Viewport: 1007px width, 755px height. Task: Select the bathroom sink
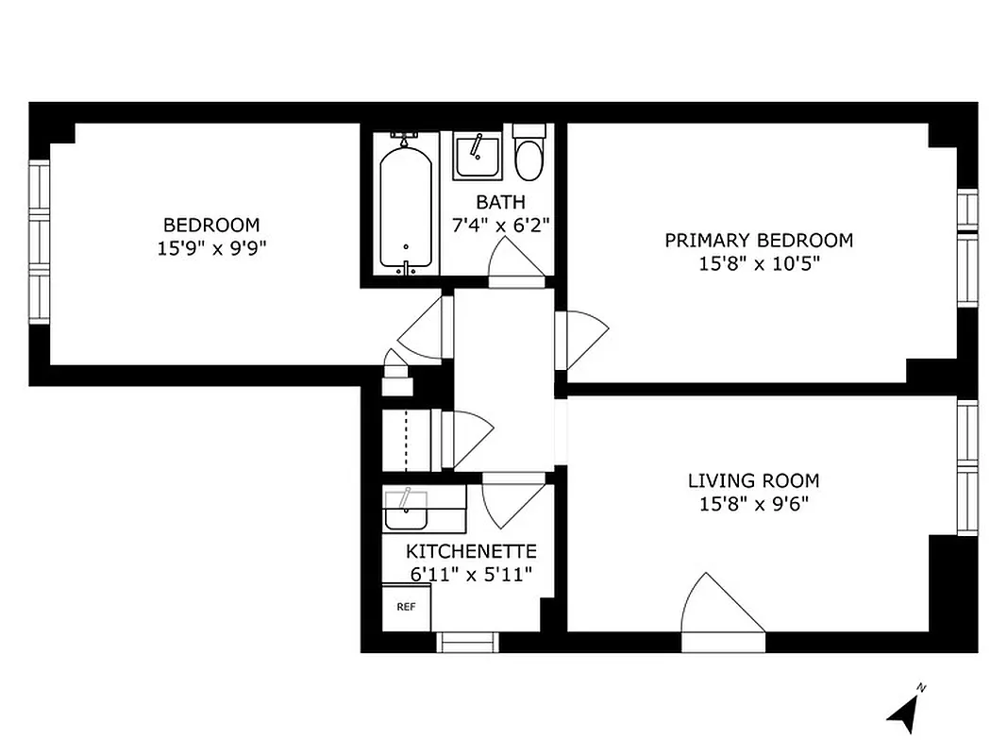point(477,156)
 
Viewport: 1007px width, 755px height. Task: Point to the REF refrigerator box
point(406,607)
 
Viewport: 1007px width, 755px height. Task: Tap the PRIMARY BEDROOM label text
point(758,241)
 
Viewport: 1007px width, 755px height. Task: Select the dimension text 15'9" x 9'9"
point(210,248)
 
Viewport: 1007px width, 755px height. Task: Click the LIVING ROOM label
point(753,480)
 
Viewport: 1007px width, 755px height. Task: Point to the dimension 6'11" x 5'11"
point(471,573)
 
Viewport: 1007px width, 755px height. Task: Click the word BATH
point(500,202)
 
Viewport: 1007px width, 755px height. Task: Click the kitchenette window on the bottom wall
point(467,643)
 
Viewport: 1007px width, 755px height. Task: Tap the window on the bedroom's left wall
point(38,243)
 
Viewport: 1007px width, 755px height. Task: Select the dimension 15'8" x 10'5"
point(759,264)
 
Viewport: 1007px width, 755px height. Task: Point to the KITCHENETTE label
point(471,551)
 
